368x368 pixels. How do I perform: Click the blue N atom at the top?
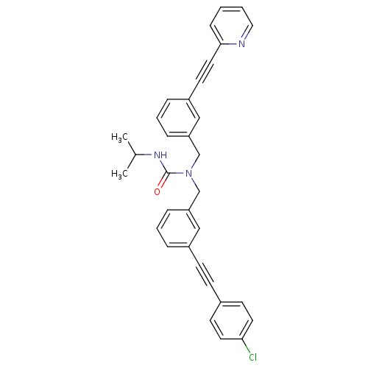click(x=241, y=44)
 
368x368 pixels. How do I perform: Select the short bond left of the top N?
click(x=233, y=44)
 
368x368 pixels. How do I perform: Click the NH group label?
click(x=160, y=155)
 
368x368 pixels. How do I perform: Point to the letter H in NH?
click(x=163, y=155)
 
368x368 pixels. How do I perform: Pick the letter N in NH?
click(x=157, y=155)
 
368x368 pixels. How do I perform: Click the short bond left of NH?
click(x=147, y=155)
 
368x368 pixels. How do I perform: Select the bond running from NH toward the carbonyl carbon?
click(x=166, y=164)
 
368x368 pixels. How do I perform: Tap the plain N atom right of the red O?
click(x=188, y=174)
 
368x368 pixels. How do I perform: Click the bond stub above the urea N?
click(x=192, y=165)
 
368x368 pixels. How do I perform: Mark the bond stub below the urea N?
click(x=193, y=181)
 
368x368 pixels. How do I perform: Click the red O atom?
click(x=157, y=191)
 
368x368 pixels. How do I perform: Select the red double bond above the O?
click(x=162, y=183)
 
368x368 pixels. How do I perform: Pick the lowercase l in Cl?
click(x=255, y=358)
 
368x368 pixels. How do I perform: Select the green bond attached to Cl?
click(x=247, y=349)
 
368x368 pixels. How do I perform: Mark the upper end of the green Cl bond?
click(x=245, y=344)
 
